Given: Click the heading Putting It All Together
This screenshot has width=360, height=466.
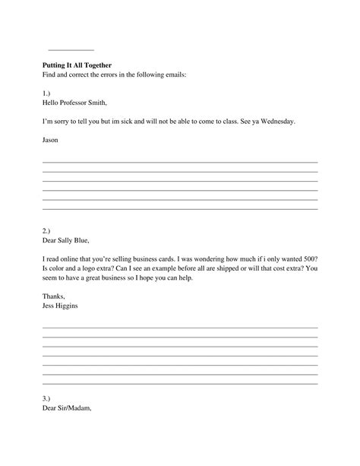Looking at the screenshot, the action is point(77,65).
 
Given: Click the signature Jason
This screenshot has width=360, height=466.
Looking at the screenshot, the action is point(50,141).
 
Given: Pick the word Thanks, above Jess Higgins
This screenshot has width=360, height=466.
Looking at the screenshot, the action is point(54,296).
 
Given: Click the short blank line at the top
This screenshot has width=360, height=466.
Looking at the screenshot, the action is point(71,49).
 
